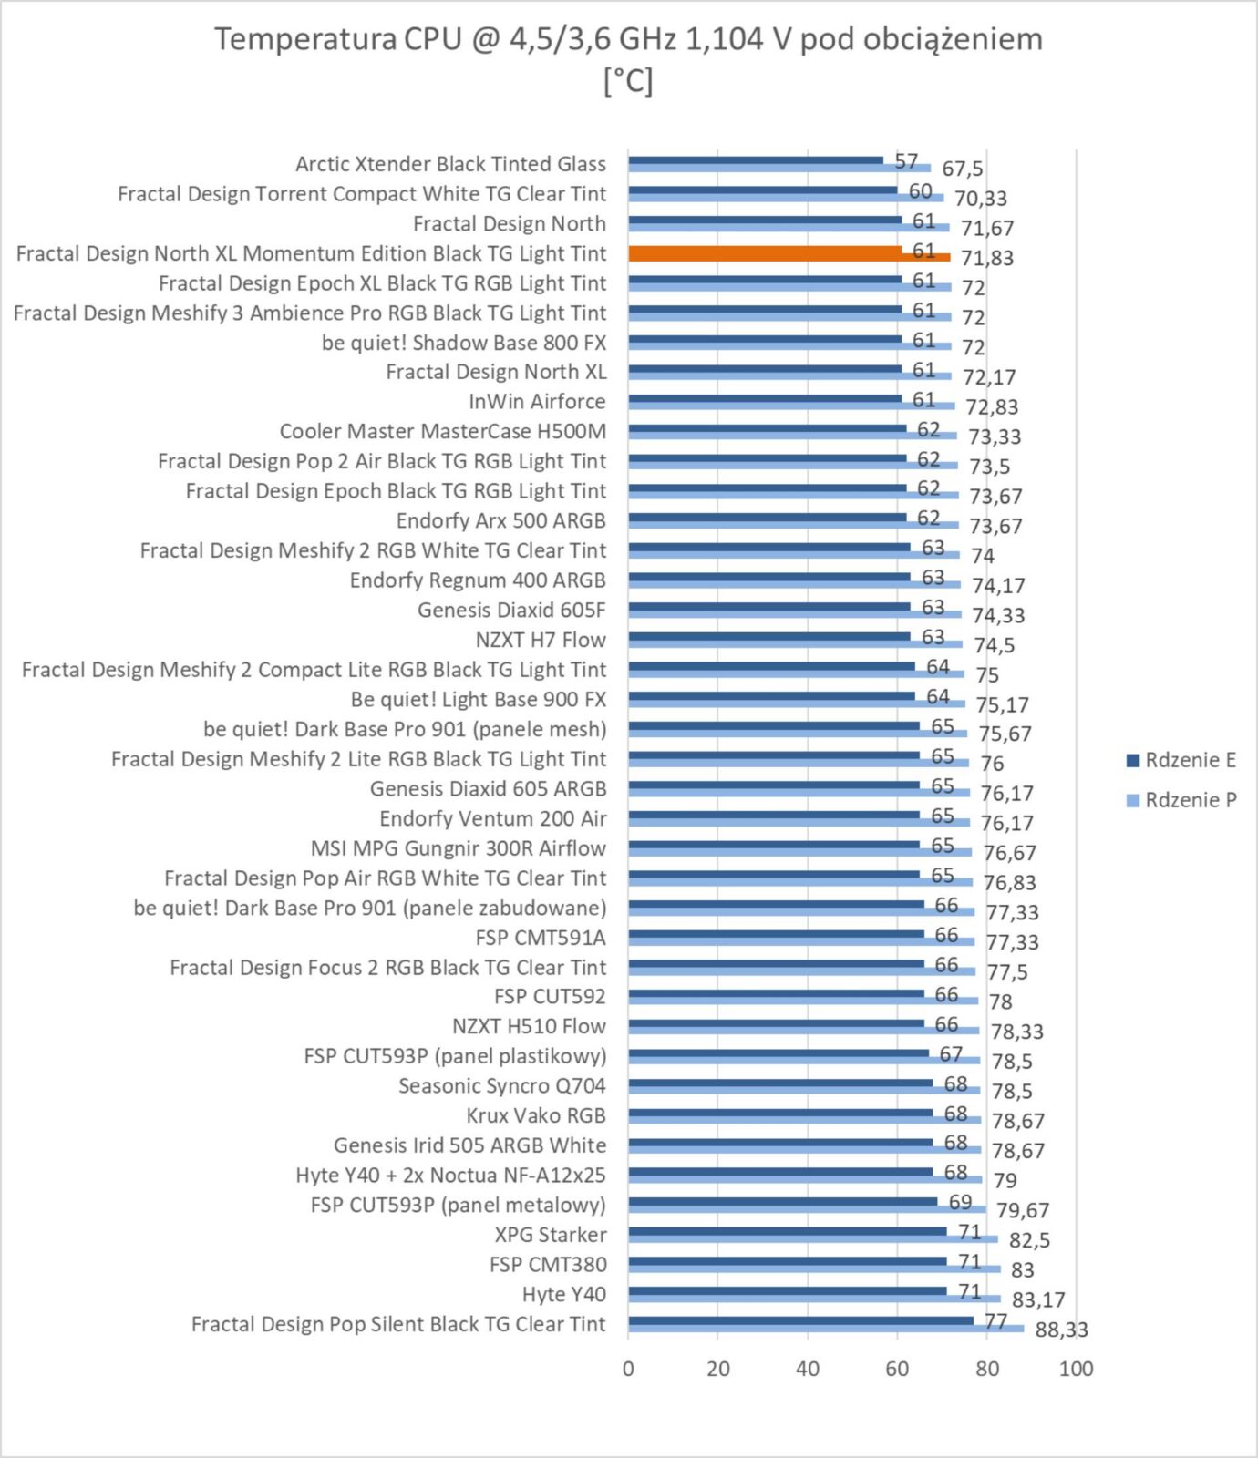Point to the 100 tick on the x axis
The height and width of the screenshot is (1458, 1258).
click(1076, 1369)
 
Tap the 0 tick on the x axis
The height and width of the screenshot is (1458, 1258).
click(628, 1369)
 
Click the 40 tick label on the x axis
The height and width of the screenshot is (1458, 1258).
click(808, 1369)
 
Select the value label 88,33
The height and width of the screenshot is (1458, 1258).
click(1061, 1330)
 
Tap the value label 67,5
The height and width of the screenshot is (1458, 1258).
click(963, 169)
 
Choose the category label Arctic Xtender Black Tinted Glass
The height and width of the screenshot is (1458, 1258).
click(450, 164)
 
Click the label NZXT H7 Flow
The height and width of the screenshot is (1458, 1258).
click(541, 640)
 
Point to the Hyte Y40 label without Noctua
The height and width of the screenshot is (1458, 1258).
click(563, 1294)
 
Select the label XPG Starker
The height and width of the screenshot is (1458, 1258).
click(550, 1235)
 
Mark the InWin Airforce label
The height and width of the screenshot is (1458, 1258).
click(537, 402)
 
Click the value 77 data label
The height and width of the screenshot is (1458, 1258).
click(995, 1321)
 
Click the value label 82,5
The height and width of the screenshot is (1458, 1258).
click(1029, 1240)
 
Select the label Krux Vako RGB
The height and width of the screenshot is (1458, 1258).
click(536, 1115)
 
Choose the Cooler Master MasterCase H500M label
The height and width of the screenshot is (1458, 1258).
click(442, 431)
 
